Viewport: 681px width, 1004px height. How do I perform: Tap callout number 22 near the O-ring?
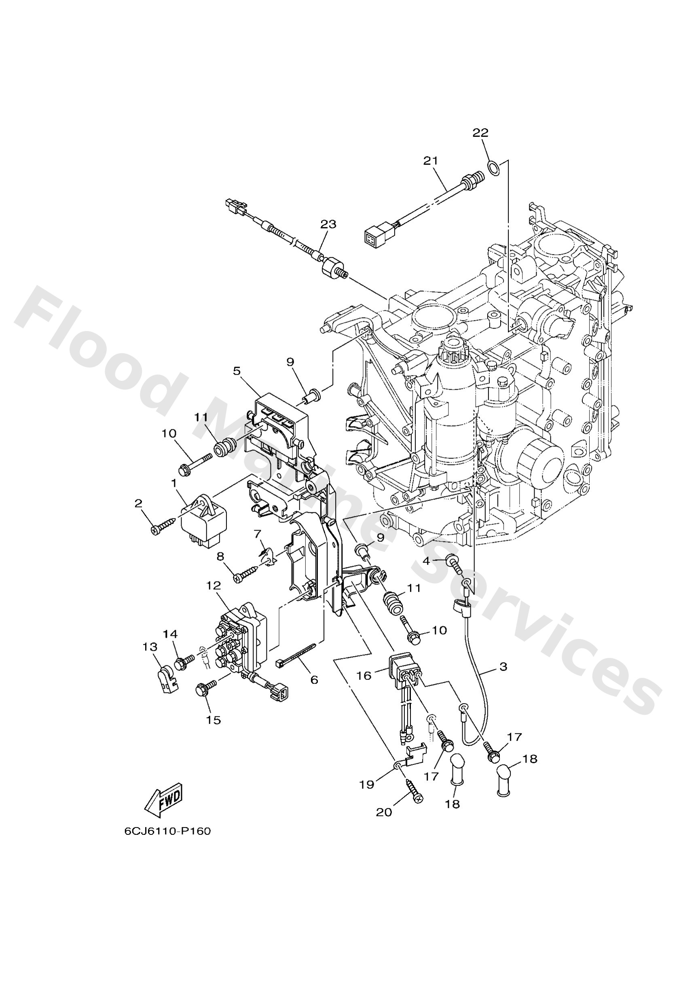pyautogui.click(x=480, y=133)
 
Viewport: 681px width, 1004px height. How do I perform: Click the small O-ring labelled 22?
pyautogui.click(x=495, y=167)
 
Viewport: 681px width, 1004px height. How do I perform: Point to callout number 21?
pyautogui.click(x=431, y=161)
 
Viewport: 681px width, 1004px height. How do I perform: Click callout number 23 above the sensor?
pyautogui.click(x=328, y=225)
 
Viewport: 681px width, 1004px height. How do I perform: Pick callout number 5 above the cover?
pyautogui.click(x=237, y=371)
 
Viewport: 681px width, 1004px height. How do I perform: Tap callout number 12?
pyautogui.click(x=214, y=586)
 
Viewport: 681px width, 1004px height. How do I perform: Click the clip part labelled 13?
pyautogui.click(x=166, y=682)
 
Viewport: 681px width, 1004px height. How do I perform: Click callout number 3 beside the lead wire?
pyautogui.click(x=503, y=667)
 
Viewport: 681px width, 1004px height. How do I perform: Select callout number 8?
pyautogui.click(x=221, y=557)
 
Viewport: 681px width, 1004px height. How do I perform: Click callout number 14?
pyautogui.click(x=170, y=634)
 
